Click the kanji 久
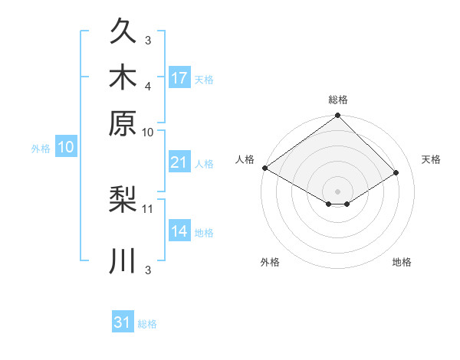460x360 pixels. click(123, 30)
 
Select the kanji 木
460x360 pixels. click(123, 77)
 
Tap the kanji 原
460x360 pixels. click(123, 123)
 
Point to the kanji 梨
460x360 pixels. click(123, 199)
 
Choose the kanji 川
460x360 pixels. click(123, 260)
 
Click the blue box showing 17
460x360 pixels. click(180, 77)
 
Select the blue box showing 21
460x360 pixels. click(180, 162)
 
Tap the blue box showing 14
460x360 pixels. click(180, 230)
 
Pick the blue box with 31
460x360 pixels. click(123, 321)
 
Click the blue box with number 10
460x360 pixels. click(66, 146)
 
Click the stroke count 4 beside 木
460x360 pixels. click(148, 87)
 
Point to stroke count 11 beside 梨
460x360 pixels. click(147, 209)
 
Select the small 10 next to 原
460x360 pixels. click(147, 133)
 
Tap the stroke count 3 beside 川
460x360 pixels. click(148, 270)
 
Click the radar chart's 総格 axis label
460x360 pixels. click(338, 100)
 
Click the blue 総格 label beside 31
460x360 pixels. click(147, 324)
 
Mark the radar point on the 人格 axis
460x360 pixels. click(265, 168)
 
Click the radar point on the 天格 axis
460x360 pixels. click(396, 172)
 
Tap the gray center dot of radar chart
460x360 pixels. click(337, 191)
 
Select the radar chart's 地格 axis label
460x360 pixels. click(402, 262)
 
